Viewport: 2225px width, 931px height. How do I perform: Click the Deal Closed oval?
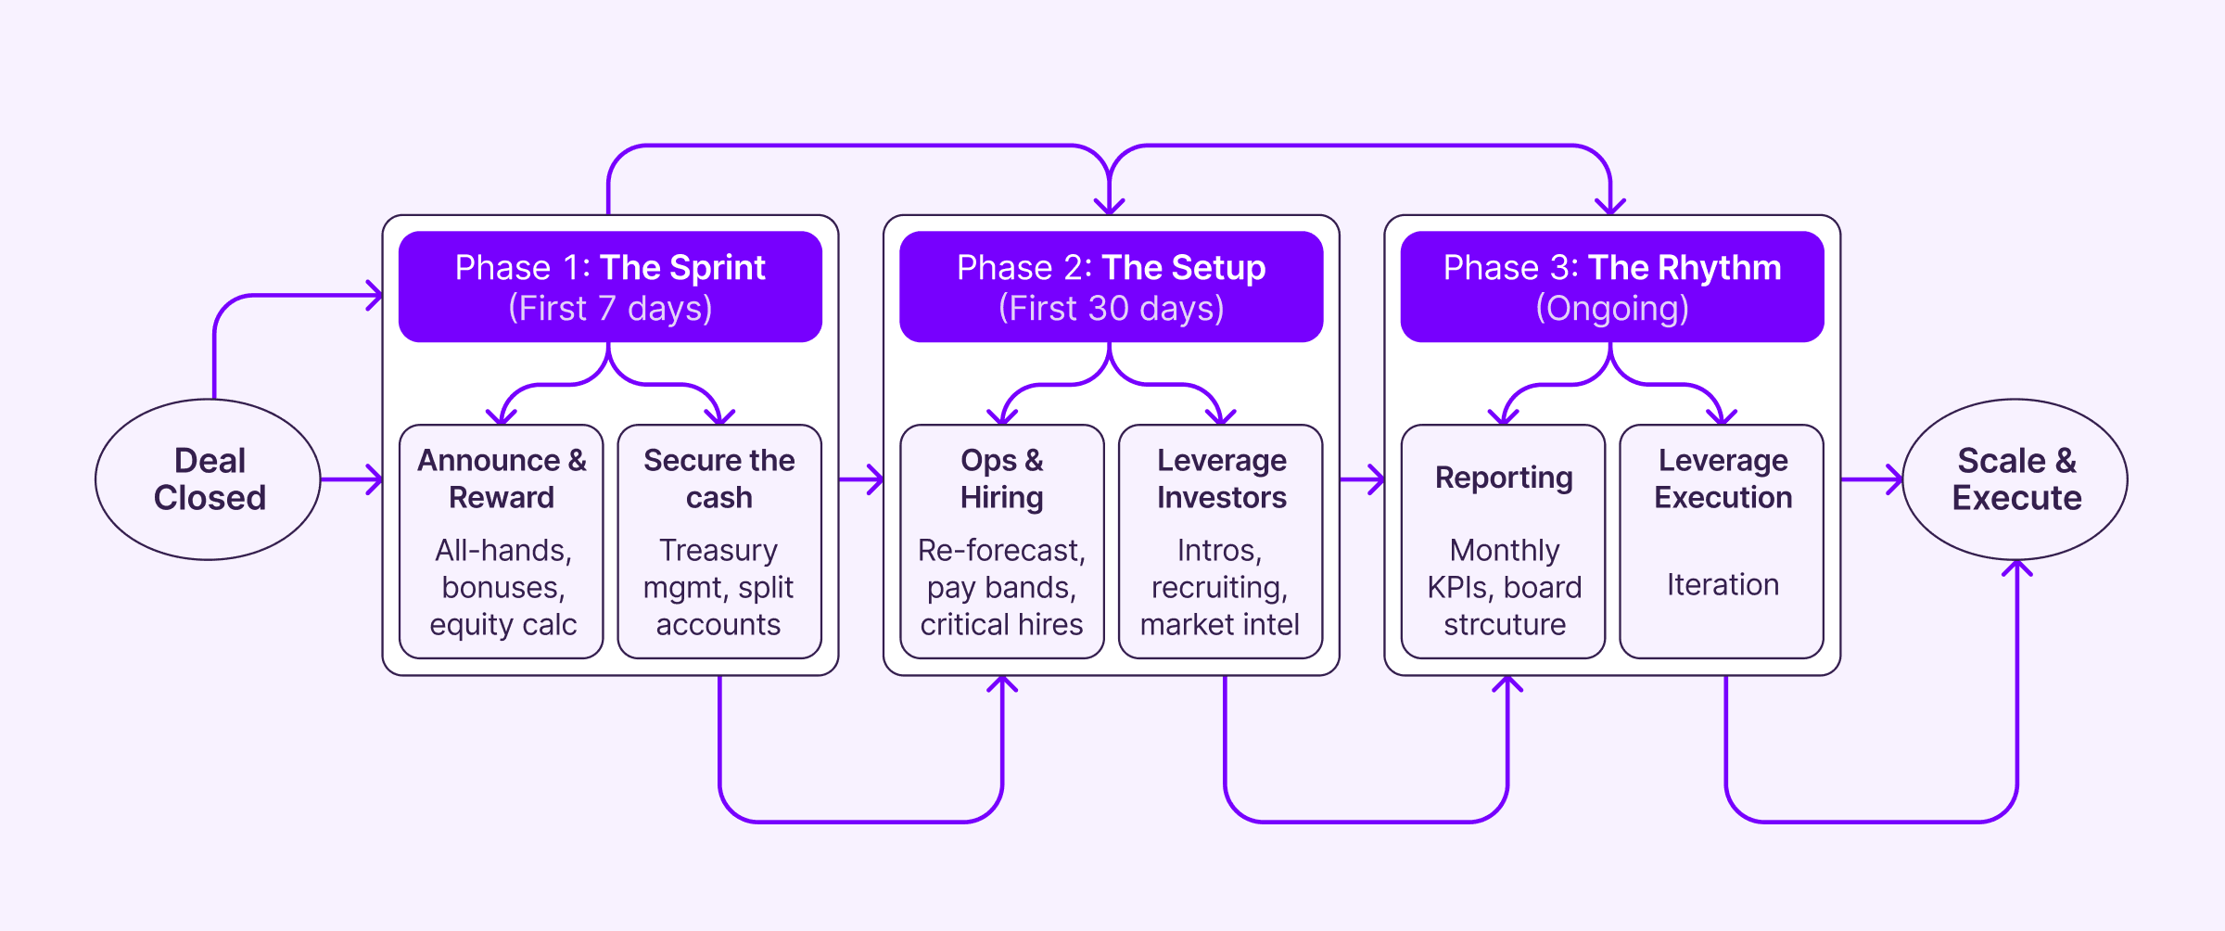pos(209,479)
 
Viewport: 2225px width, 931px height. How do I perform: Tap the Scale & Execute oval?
pos(2015,479)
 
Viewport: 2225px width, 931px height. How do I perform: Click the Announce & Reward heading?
pos(502,478)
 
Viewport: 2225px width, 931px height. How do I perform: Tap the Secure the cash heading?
pos(719,478)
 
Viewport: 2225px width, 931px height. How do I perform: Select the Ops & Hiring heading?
pos(1002,478)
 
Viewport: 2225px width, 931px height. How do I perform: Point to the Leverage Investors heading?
pos(1221,478)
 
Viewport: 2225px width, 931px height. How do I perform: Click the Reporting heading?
pos(1504,478)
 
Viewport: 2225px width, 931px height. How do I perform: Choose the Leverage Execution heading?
pos(1723,478)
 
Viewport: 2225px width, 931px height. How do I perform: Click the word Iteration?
pos(1723,584)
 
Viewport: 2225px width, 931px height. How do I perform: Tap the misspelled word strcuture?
pos(1504,625)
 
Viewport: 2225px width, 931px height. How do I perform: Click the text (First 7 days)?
pos(610,309)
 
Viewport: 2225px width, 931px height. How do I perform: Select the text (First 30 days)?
pos(1111,309)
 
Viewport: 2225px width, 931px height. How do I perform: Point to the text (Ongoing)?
pos(1612,309)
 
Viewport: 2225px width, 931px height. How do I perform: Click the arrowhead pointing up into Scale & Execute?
pos(2017,568)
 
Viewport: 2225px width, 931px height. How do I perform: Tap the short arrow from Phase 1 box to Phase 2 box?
pos(861,479)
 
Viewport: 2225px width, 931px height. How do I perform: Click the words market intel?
pos(1220,625)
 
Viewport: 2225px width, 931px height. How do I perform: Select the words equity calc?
pos(502,625)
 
